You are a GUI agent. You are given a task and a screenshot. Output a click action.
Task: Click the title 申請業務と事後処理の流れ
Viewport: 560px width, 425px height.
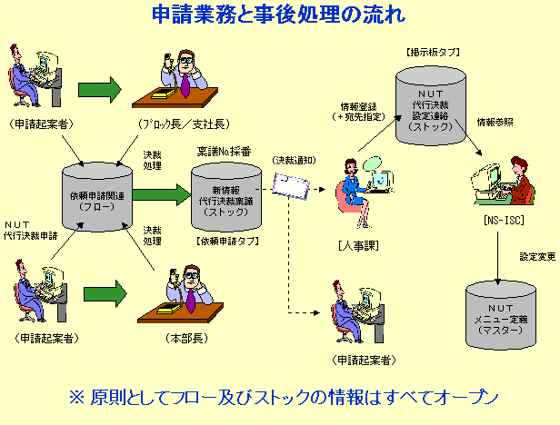coord(279,15)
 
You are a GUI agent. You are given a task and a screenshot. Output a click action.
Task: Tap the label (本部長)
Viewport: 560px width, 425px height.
coord(182,338)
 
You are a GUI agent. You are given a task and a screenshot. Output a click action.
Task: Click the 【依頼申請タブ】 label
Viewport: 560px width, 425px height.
coord(227,242)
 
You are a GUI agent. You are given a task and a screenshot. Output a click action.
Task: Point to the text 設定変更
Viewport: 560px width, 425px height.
coord(536,256)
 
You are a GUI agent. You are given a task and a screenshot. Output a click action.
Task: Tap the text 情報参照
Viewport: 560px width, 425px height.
coord(495,121)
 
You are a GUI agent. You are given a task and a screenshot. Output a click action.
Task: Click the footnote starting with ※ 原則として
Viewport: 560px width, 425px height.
coord(285,397)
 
